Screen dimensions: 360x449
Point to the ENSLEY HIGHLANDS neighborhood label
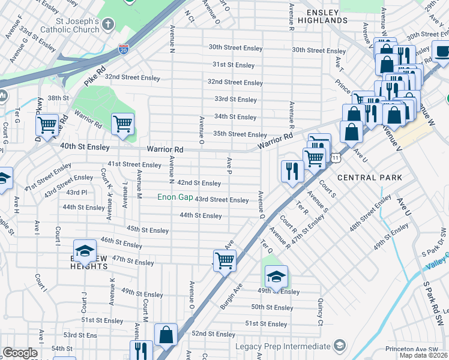click(327, 16)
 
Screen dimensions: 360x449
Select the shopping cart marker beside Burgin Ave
click(224, 261)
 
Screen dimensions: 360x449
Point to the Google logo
click(20, 353)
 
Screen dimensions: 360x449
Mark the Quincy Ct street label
click(321, 308)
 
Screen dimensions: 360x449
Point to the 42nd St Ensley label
click(199, 183)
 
